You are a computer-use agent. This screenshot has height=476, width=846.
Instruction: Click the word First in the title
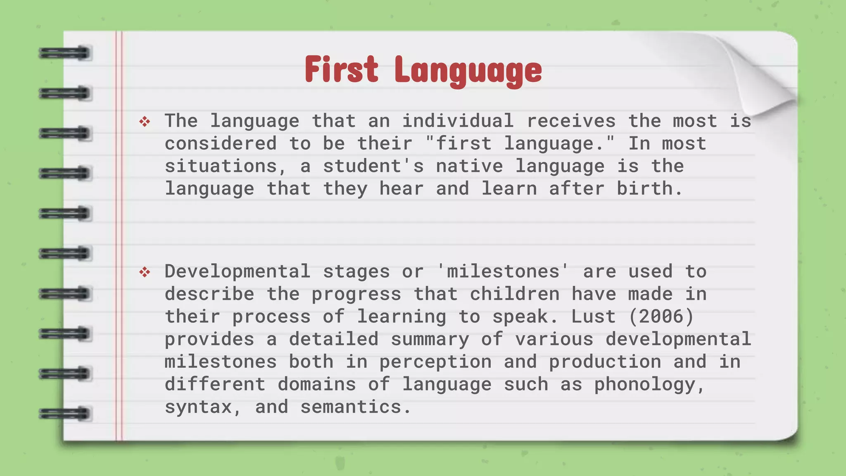click(341, 69)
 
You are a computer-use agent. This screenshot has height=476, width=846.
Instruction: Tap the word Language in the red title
click(468, 71)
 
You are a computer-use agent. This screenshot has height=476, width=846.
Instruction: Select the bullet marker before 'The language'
click(145, 121)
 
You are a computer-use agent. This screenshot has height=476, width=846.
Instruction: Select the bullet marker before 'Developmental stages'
click(145, 272)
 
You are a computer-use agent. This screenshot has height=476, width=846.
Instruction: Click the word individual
click(458, 121)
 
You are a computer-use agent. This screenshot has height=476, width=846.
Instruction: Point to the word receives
click(571, 121)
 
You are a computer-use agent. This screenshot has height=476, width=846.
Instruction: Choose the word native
click(469, 166)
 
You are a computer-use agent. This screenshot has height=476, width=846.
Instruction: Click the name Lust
click(593, 317)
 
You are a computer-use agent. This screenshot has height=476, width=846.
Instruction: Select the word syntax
click(198, 407)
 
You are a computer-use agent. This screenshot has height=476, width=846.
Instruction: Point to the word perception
click(435, 362)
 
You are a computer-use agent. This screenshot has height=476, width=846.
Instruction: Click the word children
click(515, 294)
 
